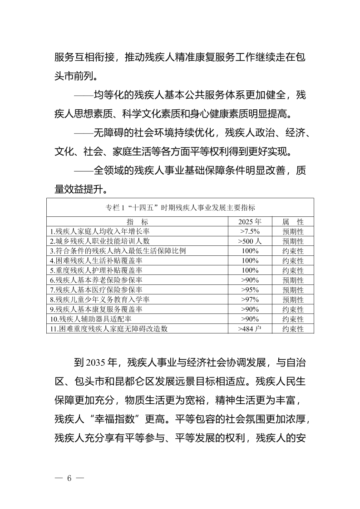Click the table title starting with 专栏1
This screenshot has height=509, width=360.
[x=180, y=207]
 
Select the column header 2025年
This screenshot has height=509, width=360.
[x=250, y=222]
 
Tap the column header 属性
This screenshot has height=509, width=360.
[x=293, y=222]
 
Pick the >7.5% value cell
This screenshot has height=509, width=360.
[x=250, y=231]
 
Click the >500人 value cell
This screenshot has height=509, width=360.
[x=250, y=241]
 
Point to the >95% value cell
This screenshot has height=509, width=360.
[x=250, y=290]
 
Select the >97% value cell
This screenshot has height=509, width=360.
[x=250, y=299]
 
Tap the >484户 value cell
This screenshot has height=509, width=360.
[x=250, y=329]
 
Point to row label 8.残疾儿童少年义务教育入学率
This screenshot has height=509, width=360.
[x=100, y=299]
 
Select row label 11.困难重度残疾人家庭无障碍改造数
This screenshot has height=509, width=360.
[x=108, y=329]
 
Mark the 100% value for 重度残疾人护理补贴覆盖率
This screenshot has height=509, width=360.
[x=250, y=270]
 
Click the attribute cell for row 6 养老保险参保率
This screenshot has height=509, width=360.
[x=293, y=280]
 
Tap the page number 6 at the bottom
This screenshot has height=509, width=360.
[x=69, y=479]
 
